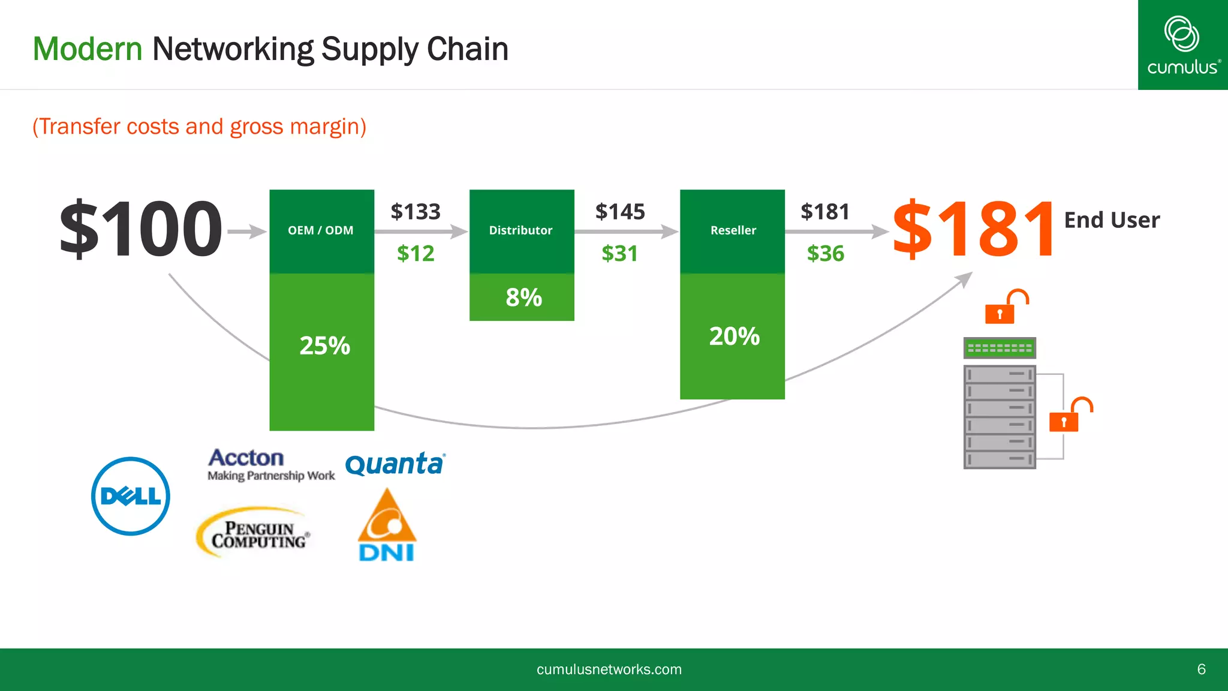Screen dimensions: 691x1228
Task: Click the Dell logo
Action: pos(131,496)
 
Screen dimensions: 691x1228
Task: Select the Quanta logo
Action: pos(395,464)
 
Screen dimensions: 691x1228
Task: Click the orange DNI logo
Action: pos(387,525)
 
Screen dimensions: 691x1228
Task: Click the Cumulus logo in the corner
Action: pos(1182,46)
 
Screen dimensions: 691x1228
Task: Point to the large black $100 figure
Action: pos(141,229)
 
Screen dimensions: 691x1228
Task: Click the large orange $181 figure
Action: pos(973,229)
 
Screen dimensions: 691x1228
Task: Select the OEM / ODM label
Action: pos(321,230)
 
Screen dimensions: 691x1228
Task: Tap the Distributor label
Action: pos(520,230)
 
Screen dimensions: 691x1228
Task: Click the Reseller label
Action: pos(733,230)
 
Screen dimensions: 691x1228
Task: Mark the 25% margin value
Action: pos(324,345)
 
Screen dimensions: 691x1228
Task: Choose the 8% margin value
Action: pos(523,298)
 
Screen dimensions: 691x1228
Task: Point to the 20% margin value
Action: pos(734,336)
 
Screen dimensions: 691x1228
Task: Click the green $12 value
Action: pos(416,254)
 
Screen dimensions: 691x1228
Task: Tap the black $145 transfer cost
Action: pos(620,212)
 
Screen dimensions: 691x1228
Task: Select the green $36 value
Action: pos(825,254)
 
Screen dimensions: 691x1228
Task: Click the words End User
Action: pos(1112,220)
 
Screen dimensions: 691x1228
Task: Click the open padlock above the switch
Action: pos(1006,307)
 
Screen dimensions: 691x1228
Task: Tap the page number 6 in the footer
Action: pos(1201,669)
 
